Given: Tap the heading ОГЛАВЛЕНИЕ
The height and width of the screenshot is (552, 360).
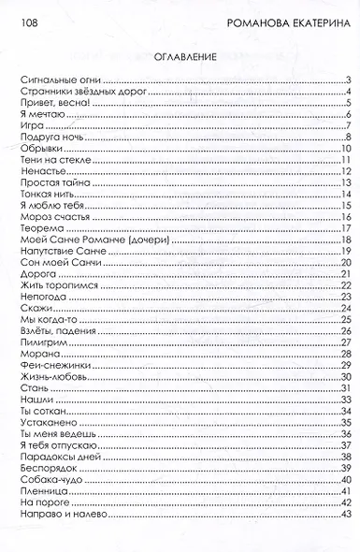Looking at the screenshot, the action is click(x=180, y=56).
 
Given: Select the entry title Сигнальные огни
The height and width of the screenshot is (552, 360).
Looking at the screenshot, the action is click(x=63, y=80).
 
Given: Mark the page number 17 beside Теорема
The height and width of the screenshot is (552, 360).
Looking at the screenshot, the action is click(x=344, y=228).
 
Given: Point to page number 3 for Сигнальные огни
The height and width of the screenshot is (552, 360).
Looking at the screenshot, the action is click(x=347, y=80).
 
